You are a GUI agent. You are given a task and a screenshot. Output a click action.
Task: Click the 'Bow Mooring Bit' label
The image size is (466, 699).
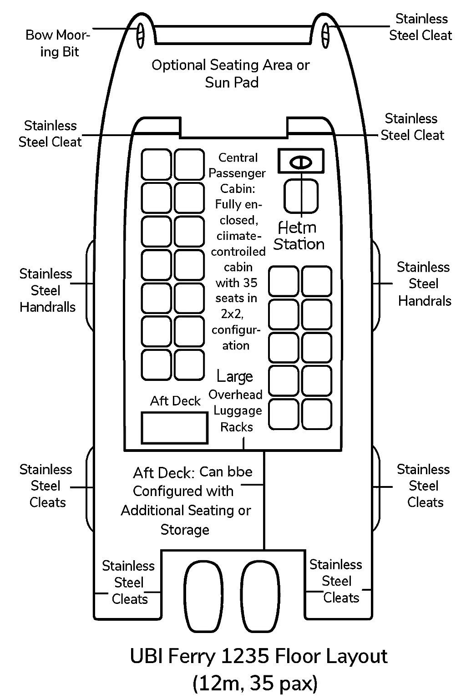pos(58,43)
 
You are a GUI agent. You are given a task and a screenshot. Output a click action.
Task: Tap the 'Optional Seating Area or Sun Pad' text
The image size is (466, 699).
pos(231,74)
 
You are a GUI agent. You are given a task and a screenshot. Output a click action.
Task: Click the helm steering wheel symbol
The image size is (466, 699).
pos(301,162)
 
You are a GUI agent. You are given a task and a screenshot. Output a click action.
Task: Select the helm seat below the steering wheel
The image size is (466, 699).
pos(301,196)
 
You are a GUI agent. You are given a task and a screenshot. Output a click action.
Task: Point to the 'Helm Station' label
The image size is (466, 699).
pos(299,236)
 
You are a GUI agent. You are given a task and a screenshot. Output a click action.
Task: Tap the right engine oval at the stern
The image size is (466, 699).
pos(260,596)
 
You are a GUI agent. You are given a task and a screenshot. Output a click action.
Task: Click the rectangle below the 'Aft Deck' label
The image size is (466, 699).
pos(174,428)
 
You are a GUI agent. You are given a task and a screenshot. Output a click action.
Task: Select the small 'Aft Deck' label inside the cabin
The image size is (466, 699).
pos(175,401)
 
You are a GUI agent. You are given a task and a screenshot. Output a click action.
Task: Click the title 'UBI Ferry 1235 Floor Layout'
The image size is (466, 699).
pos(258,657)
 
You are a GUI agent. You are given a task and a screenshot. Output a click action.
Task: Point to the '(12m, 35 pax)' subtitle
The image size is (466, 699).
pos(255,683)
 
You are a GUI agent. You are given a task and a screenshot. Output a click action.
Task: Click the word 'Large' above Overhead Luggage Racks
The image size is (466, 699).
pos(235,376)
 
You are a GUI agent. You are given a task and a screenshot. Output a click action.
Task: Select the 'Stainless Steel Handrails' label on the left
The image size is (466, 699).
pos(46,290)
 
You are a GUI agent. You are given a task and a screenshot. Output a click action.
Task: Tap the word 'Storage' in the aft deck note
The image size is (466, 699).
pos(185,530)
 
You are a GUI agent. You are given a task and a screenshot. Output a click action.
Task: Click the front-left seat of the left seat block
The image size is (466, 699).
pos(156,164)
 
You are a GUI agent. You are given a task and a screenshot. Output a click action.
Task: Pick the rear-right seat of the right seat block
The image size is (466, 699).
pos(317,415)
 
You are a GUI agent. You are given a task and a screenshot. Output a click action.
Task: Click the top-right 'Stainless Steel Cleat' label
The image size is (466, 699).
pos(420,27)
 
